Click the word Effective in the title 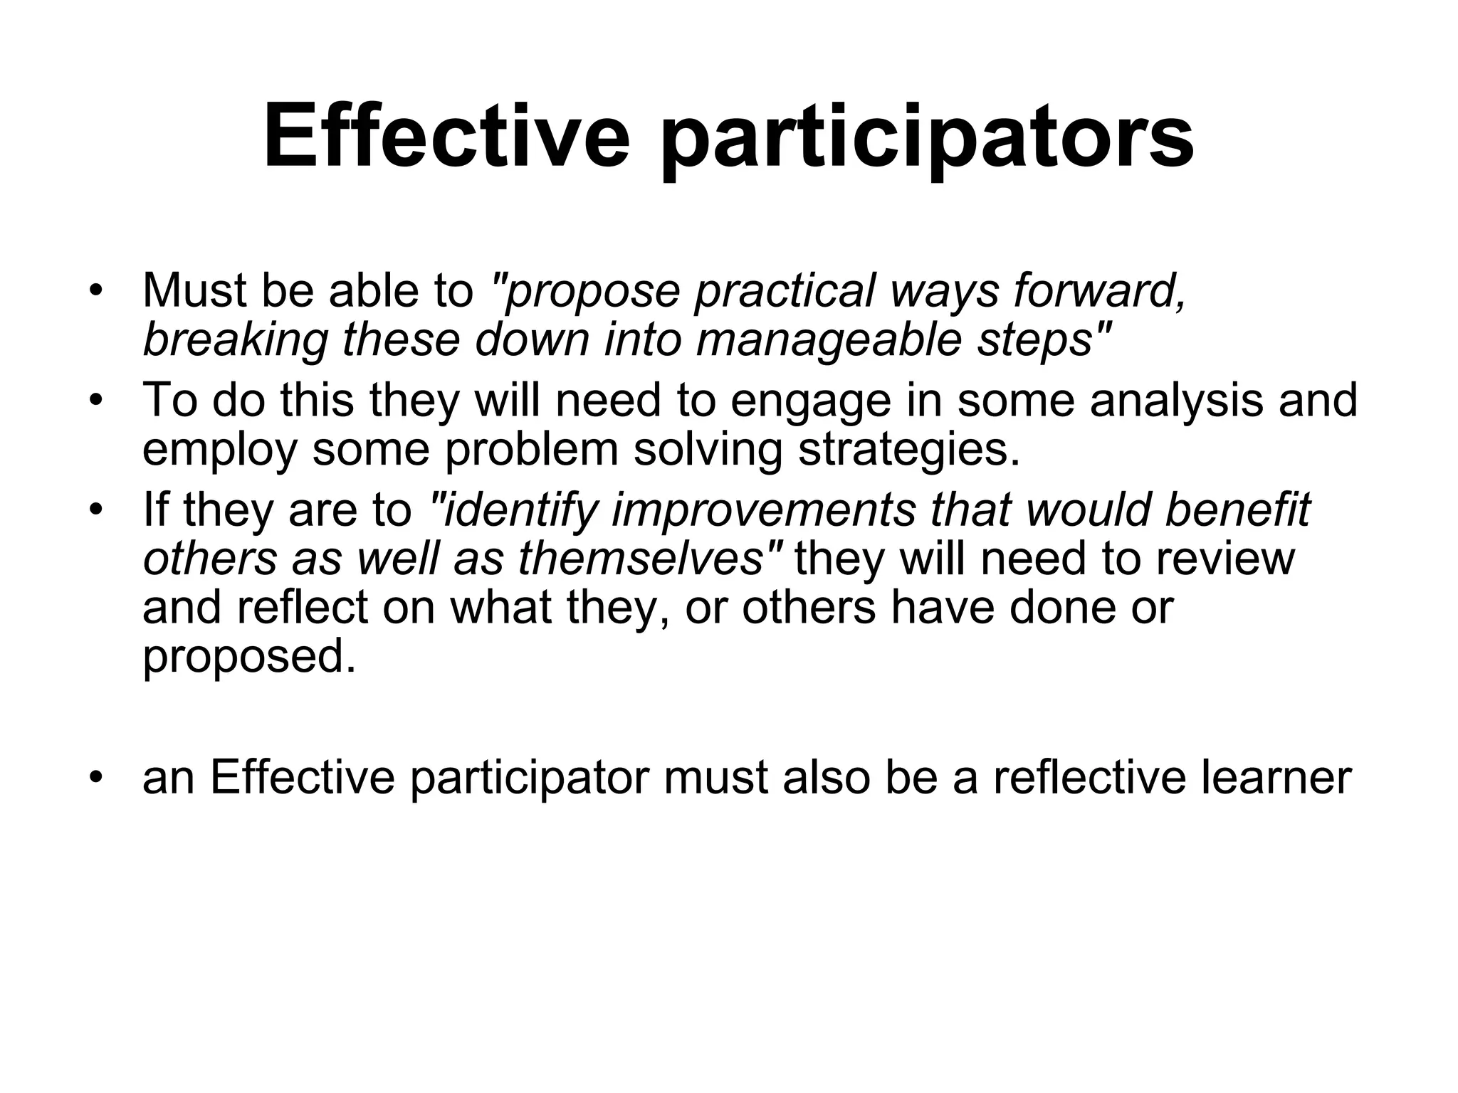click(446, 135)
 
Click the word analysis click(1176, 400)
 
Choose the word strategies click(908, 450)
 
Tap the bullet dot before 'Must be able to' click(96, 292)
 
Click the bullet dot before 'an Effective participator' click(96, 778)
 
